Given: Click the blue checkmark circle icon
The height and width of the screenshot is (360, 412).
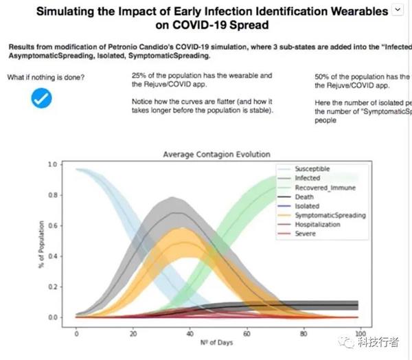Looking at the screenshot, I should pos(42,99).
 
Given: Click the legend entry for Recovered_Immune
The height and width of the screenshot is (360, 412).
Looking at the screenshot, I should pos(319,187).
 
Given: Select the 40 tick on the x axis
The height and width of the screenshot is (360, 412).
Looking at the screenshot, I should pos(190,334).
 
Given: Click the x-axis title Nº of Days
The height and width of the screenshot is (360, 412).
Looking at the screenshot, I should pos(216,344).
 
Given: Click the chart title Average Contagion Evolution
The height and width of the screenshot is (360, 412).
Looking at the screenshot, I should pos(216,155).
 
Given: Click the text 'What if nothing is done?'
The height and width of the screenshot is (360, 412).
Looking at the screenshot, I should pos(46,77).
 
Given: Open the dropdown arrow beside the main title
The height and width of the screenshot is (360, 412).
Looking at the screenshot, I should pos(397,9).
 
